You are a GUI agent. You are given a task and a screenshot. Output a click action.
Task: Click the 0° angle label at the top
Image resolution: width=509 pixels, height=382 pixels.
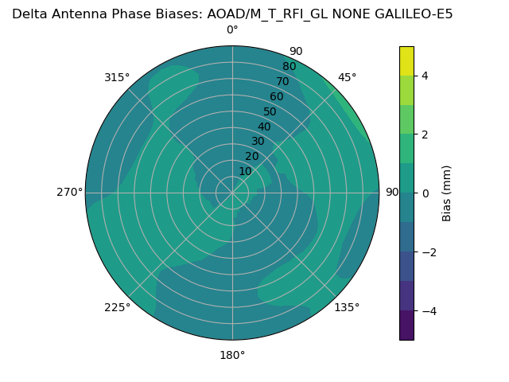(x=232, y=30)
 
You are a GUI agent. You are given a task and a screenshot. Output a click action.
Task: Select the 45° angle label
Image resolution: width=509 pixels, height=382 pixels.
(x=348, y=77)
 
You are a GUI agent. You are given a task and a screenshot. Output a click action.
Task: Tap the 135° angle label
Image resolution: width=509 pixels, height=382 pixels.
(x=347, y=307)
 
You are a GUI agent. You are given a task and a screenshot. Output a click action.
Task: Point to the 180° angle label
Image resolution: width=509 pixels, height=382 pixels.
(x=232, y=355)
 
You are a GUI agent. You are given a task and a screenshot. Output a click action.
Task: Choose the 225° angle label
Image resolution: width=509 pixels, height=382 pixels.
(x=117, y=307)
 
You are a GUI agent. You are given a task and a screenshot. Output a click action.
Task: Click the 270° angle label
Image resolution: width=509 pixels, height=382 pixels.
(x=69, y=192)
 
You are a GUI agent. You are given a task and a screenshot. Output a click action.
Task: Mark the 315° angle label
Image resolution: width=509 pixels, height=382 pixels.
(x=117, y=77)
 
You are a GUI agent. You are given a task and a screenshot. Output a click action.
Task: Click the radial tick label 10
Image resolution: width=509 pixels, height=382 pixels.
(x=245, y=171)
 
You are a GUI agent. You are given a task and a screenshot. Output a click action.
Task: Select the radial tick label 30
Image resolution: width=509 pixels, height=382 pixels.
(x=258, y=142)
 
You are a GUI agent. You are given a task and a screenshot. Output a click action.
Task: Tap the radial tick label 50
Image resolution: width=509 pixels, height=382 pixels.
(x=270, y=112)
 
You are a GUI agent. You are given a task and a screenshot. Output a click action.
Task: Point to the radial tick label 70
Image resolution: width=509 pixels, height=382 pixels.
(x=283, y=82)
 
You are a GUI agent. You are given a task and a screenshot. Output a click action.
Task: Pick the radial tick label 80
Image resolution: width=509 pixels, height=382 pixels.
(x=289, y=67)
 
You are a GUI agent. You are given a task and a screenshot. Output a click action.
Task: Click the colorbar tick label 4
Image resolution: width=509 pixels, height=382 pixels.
(x=425, y=76)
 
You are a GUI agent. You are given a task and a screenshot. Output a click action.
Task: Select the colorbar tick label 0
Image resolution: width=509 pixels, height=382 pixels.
(x=425, y=193)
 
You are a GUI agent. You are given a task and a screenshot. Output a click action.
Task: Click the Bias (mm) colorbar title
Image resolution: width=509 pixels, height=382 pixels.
(x=447, y=193)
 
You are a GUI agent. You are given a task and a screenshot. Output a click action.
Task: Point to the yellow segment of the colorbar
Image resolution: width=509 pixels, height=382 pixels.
(x=406, y=60)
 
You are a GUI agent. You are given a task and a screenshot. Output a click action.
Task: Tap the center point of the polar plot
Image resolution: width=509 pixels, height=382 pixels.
(x=232, y=193)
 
